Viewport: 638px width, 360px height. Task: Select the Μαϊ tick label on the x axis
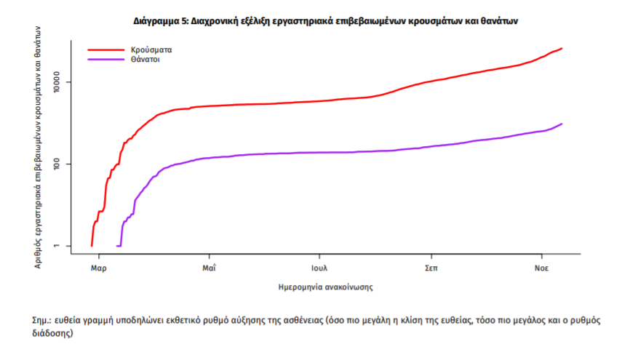pos(209,267)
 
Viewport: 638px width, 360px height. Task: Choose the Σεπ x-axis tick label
pos(431,267)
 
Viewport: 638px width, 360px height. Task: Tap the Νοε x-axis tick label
pos(541,267)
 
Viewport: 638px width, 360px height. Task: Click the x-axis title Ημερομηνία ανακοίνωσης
pos(326,287)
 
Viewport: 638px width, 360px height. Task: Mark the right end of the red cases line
pos(562,49)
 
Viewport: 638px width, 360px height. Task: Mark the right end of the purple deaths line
pos(562,124)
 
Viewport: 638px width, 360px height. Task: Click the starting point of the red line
pos(92,245)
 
